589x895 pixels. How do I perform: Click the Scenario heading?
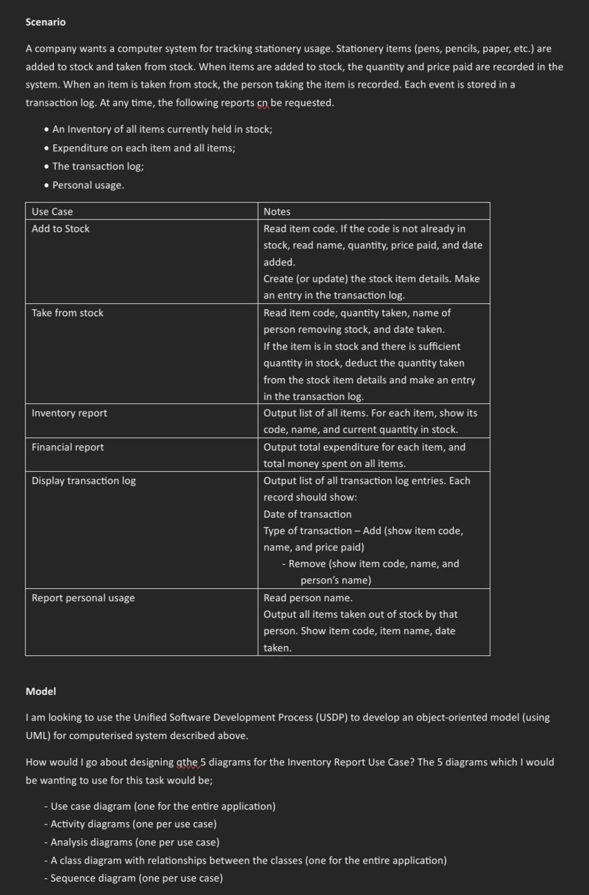click(x=45, y=22)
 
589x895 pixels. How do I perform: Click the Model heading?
click(x=41, y=691)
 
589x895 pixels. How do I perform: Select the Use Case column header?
click(x=52, y=211)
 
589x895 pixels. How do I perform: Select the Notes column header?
click(x=277, y=211)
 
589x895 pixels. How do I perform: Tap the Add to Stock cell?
click(x=61, y=228)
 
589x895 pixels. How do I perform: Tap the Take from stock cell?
click(x=67, y=313)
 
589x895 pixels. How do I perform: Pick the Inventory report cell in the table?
click(x=70, y=413)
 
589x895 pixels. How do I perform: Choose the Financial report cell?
click(x=68, y=447)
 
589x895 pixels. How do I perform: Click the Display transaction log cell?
click(x=84, y=480)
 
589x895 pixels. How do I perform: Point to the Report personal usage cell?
click(x=83, y=598)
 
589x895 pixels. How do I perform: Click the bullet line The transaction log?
click(x=98, y=166)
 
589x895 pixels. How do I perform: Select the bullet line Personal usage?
click(x=88, y=185)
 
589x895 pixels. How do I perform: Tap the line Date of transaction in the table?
click(x=307, y=514)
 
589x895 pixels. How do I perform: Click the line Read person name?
click(x=308, y=598)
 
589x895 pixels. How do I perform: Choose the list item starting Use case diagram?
click(x=163, y=806)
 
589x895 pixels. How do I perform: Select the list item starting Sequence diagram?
click(x=136, y=878)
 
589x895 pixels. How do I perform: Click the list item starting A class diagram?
click(x=248, y=860)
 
